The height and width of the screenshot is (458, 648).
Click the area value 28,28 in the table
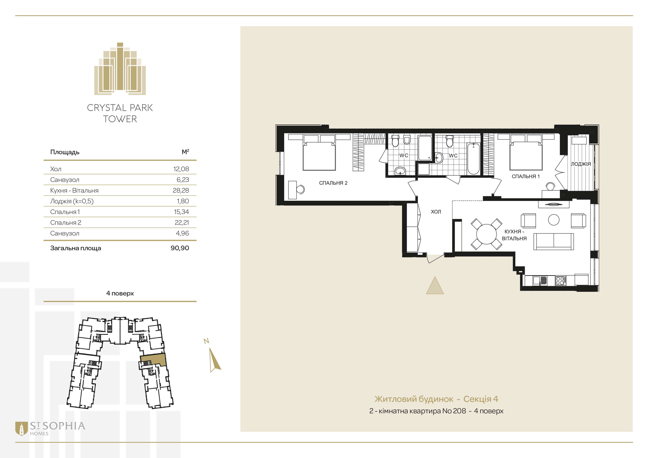pyautogui.click(x=181, y=190)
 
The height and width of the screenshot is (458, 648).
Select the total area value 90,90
pyautogui.click(x=180, y=248)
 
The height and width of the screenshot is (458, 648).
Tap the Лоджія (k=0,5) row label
pyautogui.click(x=72, y=201)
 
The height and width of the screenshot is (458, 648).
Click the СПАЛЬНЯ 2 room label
pyautogui.click(x=333, y=183)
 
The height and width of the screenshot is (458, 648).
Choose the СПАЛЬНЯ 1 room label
pyautogui.click(x=525, y=176)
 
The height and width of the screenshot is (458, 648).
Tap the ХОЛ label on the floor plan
pyautogui.click(x=436, y=211)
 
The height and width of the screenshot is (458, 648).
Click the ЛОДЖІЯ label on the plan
pyautogui.click(x=581, y=164)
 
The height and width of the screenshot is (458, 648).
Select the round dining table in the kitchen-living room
pyautogui.click(x=486, y=234)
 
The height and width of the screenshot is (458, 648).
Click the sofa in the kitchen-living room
pyautogui.click(x=553, y=242)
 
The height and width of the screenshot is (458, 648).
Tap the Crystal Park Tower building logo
pyautogui.click(x=120, y=69)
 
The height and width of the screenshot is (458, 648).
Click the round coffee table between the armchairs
pyautogui.click(x=553, y=220)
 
